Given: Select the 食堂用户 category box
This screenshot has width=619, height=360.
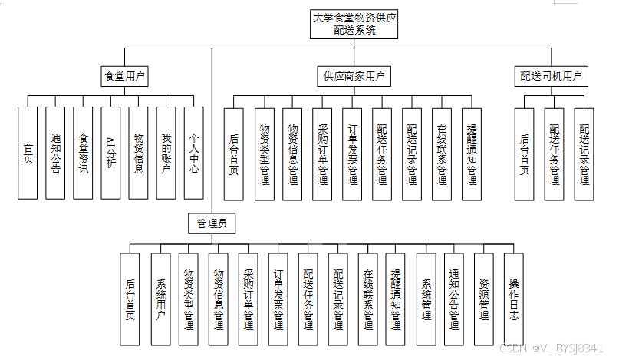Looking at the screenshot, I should pyautogui.click(x=126, y=76).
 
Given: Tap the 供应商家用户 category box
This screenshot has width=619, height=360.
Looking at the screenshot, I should pyautogui.click(x=353, y=76).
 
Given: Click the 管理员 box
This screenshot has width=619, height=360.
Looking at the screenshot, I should pyautogui.click(x=212, y=223).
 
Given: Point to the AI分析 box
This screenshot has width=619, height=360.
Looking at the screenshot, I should pyautogui.click(x=110, y=153).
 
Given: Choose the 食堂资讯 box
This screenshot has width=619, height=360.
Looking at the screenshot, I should pyautogui.click(x=83, y=153).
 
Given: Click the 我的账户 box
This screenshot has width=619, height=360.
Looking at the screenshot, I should pyautogui.click(x=166, y=153).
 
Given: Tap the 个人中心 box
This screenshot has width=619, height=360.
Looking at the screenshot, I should pyautogui.click(x=193, y=153).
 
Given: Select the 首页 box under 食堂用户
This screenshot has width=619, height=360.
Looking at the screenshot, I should pyautogui.click(x=28, y=153).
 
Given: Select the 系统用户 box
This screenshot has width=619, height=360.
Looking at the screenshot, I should pyautogui.click(x=160, y=299).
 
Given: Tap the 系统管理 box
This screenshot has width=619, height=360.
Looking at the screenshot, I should pyautogui.click(x=426, y=299).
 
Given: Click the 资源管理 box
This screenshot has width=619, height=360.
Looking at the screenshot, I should pyautogui.click(x=484, y=299).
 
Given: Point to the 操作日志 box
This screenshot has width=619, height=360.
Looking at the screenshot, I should pyautogui.click(x=513, y=299).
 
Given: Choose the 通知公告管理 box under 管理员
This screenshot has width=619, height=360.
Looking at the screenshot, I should pyautogui.click(x=454, y=299).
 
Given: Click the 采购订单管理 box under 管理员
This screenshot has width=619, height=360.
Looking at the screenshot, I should pyautogui.click(x=248, y=299).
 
